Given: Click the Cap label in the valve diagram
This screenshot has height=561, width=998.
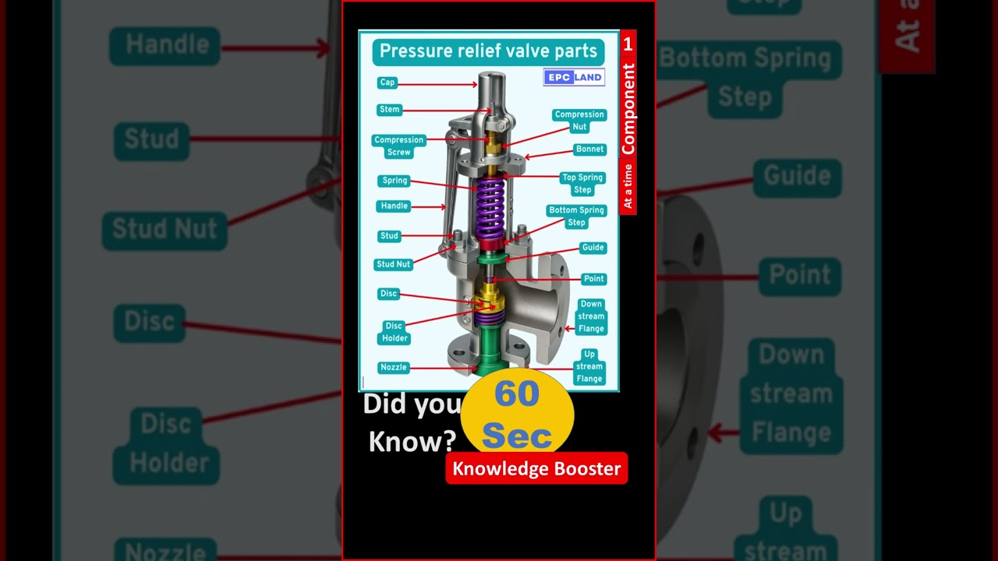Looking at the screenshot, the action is pyautogui.click(x=388, y=83).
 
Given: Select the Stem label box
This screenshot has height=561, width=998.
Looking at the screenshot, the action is pyautogui.click(x=389, y=110).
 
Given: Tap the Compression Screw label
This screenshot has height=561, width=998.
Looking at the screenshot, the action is pyautogui.click(x=398, y=146).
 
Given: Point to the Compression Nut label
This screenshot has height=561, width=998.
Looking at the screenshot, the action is pyautogui.click(x=579, y=121).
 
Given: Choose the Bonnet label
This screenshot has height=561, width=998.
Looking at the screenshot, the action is pyautogui.click(x=590, y=149).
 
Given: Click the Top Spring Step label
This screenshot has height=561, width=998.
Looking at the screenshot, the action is pyautogui.click(x=582, y=183).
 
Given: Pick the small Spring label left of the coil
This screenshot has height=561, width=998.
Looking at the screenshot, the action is pyautogui.click(x=395, y=180).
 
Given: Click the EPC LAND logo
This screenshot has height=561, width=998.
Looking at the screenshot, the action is pyautogui.click(x=574, y=77).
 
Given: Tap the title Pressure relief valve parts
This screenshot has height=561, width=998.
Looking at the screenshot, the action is pyautogui.click(x=488, y=51).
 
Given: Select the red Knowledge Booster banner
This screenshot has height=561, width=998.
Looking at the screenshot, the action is pyautogui.click(x=536, y=468).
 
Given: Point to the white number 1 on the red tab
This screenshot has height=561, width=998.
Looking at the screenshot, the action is pyautogui.click(x=628, y=44).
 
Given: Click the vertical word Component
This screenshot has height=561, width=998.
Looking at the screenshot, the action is pyautogui.click(x=628, y=109).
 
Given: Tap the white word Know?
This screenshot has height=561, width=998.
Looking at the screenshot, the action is pyautogui.click(x=412, y=442).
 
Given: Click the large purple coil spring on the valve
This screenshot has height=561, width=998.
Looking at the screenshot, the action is pyautogui.click(x=490, y=208).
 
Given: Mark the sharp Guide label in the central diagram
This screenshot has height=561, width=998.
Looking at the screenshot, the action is pyautogui.click(x=593, y=248).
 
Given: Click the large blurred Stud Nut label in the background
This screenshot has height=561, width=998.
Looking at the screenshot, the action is pyautogui.click(x=165, y=230).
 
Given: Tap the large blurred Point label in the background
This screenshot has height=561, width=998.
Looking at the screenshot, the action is pyautogui.click(x=800, y=276).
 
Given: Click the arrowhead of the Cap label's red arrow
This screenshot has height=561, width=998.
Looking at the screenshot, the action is pyautogui.click(x=475, y=84).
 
